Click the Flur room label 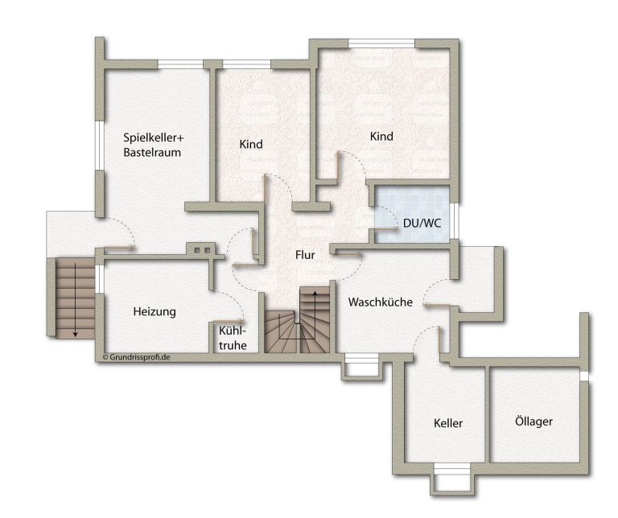click(305, 255)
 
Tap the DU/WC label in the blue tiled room click(422, 224)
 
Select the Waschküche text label click(381, 302)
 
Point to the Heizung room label click(154, 311)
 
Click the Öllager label click(534, 421)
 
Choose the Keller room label click(448, 423)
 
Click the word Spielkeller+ click(154, 138)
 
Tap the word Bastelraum click(152, 153)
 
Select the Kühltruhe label click(233, 338)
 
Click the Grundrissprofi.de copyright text click(136, 357)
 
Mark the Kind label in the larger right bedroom click(381, 136)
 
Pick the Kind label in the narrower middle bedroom click(251, 144)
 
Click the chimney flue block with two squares click(201, 250)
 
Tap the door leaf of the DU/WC click(386, 229)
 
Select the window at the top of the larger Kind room click(381, 43)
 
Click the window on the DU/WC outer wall click(455, 220)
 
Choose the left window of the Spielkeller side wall click(100, 146)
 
